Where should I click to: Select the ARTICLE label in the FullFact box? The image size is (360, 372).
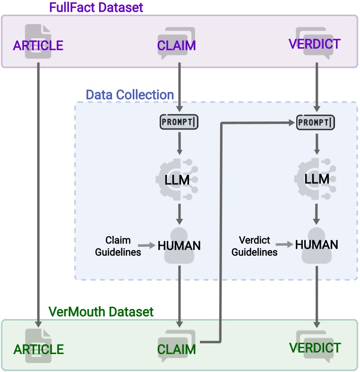(x=38, y=46)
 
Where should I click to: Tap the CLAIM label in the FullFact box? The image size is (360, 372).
(x=177, y=46)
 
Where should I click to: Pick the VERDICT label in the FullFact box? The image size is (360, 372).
(x=314, y=44)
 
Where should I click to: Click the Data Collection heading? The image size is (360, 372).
(x=130, y=95)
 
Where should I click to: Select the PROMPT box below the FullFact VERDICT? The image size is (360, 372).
(x=315, y=122)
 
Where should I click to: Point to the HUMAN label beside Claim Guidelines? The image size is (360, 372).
(x=179, y=245)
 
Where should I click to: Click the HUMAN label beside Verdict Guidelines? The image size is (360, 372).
(x=317, y=244)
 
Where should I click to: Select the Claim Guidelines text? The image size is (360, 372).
(x=118, y=246)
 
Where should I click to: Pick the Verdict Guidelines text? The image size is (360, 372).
(x=258, y=246)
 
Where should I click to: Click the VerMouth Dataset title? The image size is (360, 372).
(x=101, y=312)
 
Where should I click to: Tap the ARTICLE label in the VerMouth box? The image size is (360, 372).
(x=38, y=349)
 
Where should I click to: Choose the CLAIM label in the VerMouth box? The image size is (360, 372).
(x=177, y=350)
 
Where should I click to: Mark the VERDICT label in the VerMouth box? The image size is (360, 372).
(x=314, y=348)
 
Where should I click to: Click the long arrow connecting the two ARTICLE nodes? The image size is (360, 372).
(x=37, y=189)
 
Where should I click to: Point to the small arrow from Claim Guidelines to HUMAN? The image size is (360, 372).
(x=148, y=245)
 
